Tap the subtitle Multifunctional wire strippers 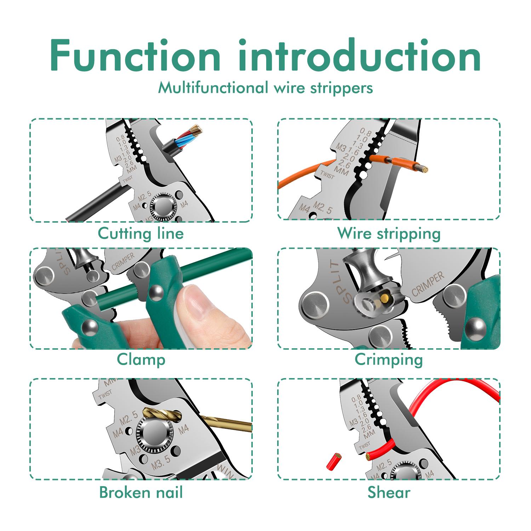(x=265, y=88)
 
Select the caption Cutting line (x=141, y=234)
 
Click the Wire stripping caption (x=389, y=234)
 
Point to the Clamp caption (x=141, y=360)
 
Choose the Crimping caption (x=389, y=360)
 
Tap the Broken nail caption (x=141, y=492)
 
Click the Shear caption (x=389, y=492)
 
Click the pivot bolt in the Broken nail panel (x=154, y=434)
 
